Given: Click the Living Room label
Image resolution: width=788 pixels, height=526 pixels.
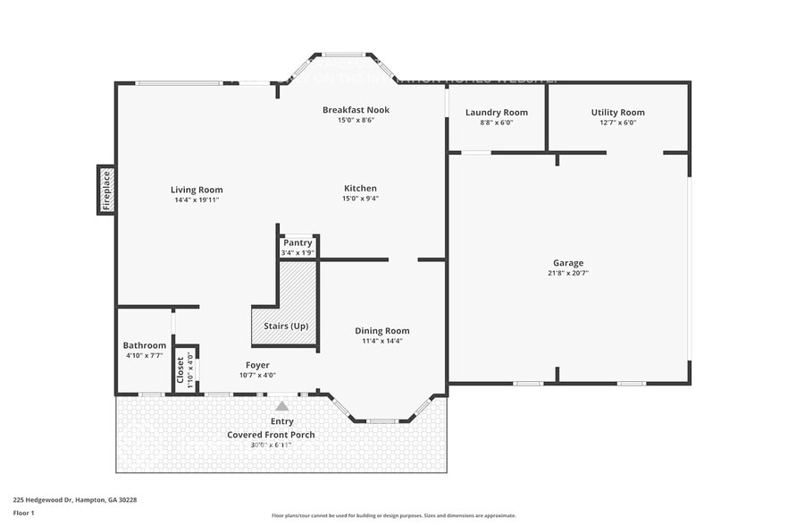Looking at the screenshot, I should coord(197,190).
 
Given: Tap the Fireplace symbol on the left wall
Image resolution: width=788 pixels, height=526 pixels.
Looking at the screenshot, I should coord(105,190).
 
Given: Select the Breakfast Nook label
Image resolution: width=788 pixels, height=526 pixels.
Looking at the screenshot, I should coord(356,110).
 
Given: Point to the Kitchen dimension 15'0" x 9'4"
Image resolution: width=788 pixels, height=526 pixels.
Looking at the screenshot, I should coord(360,199).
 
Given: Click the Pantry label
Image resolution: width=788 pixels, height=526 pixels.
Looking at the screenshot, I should coord(298,242).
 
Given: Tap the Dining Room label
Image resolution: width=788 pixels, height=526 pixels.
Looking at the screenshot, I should coord(381,331).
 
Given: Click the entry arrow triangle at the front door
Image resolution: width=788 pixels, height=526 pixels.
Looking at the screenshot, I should coord(282,405).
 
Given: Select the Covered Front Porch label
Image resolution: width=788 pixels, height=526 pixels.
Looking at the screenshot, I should coord(271,435).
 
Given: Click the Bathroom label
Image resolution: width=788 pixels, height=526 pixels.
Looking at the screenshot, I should coord(144,345).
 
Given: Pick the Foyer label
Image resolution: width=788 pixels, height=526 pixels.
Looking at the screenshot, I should coord(257,365).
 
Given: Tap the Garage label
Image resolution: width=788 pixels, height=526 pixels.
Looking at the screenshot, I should coord(567,263).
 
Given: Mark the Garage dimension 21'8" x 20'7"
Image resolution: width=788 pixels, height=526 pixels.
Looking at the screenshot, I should coord(567,273).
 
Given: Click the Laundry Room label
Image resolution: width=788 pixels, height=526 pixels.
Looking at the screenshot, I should coord(496,113).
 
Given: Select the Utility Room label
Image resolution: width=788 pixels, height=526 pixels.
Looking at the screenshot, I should coord(617,113).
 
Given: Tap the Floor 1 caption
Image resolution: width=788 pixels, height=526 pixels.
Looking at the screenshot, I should coord(23,513).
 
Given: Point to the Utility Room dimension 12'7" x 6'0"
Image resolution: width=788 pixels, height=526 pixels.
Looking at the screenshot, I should coord(617,123).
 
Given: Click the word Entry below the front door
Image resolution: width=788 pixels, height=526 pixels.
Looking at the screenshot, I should coord(281,421).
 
